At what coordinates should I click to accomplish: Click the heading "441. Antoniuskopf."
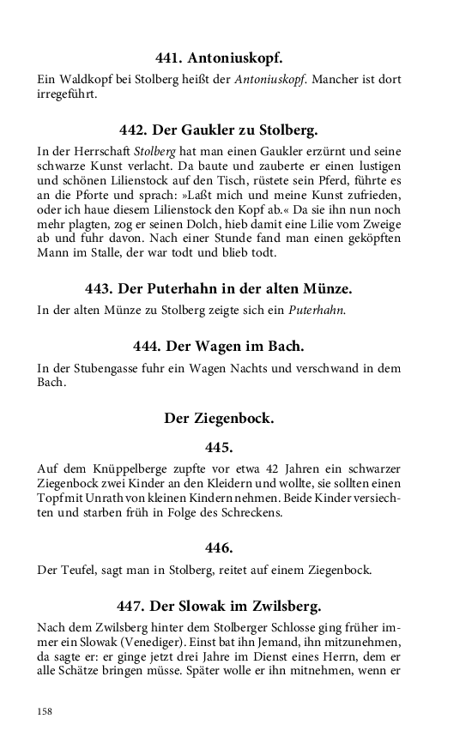[x=219, y=59]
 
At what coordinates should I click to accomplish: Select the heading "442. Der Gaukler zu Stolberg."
[x=219, y=130]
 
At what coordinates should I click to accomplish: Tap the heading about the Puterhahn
[x=219, y=289]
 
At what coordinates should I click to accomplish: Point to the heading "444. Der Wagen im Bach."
[x=219, y=347]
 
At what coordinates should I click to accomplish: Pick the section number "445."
[x=219, y=447]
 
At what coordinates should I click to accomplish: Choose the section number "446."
[x=219, y=547]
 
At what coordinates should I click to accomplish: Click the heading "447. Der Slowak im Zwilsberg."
[x=219, y=606]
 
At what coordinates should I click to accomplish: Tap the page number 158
[x=45, y=711]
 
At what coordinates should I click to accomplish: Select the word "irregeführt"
[x=68, y=95]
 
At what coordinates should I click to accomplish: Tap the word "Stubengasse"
[x=112, y=368]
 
